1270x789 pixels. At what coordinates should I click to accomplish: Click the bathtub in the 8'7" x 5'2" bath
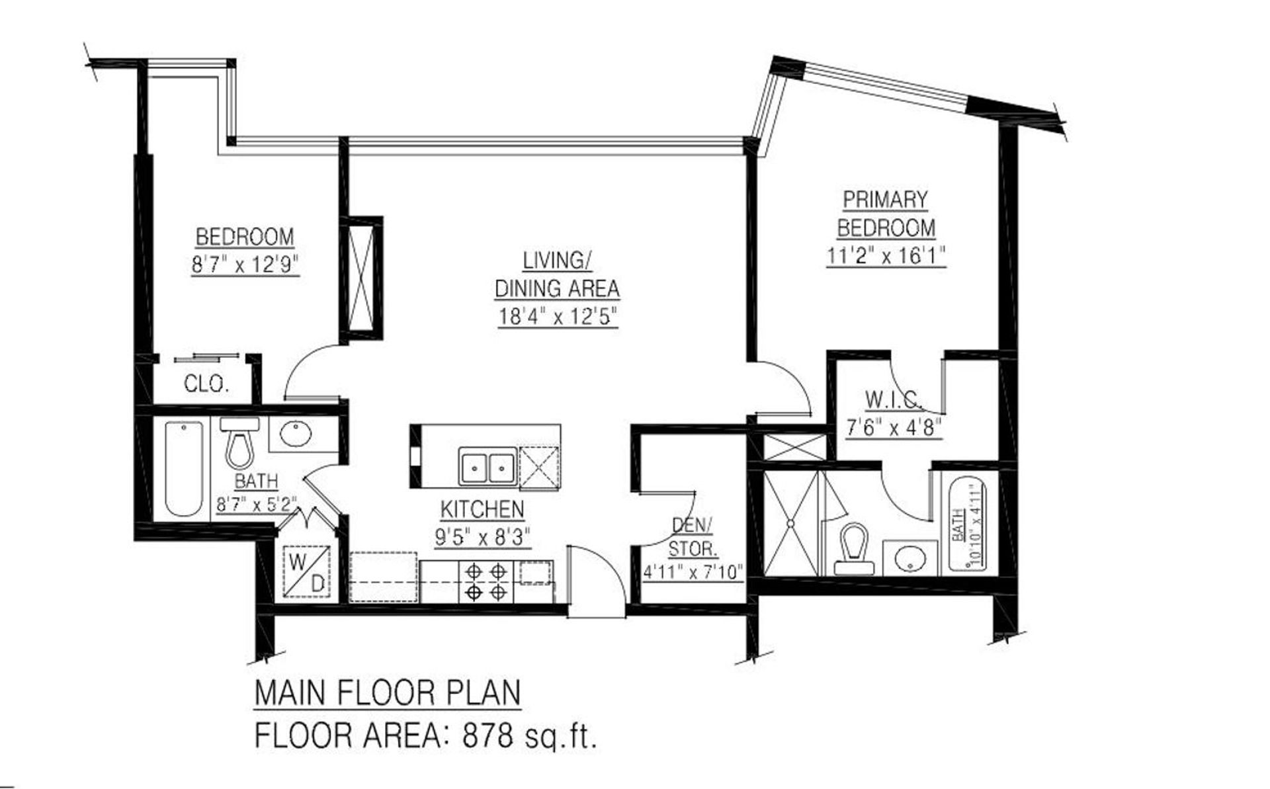click(x=184, y=468)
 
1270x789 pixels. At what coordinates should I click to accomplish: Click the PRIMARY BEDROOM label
click(x=886, y=213)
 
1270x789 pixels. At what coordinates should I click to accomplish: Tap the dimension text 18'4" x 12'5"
click(x=558, y=317)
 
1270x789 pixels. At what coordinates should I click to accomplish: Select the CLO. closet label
click(x=206, y=384)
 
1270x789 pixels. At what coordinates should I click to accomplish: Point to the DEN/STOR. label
click(x=693, y=536)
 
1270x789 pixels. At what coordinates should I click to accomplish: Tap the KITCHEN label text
click(x=482, y=509)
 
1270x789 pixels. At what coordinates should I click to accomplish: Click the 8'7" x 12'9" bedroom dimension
click(x=245, y=265)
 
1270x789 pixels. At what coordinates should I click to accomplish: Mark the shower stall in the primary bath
click(x=790, y=522)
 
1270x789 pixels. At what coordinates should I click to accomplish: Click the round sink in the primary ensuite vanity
click(x=911, y=557)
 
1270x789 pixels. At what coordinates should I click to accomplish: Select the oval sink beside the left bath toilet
click(x=295, y=434)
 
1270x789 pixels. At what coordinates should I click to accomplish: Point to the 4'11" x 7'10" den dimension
click(x=693, y=571)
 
